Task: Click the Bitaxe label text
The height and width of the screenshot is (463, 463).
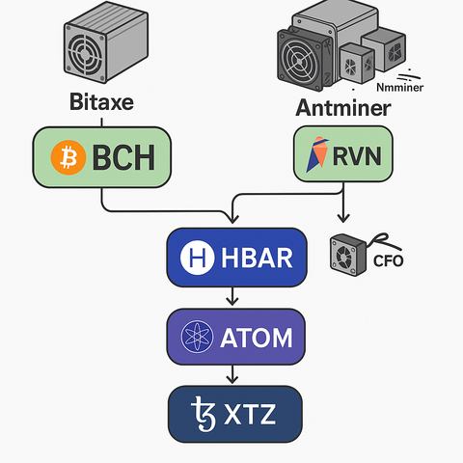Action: pos(101,102)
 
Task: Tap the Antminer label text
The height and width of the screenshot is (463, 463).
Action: pos(343,108)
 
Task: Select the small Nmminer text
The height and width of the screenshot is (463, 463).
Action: pos(400,87)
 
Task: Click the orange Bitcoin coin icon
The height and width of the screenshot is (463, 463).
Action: pos(68,157)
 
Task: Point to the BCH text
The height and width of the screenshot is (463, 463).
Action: pos(123,157)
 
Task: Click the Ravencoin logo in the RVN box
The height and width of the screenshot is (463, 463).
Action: pos(317,154)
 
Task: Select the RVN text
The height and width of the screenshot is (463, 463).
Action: pos(357,156)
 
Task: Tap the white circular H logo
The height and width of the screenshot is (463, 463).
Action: pos(197,258)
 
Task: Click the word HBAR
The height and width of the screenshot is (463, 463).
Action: pos(257,258)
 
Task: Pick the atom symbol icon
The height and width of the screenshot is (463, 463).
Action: pos(197,337)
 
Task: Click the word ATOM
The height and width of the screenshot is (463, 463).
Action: pos(257,338)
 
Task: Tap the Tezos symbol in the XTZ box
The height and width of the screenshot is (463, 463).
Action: pos(204,414)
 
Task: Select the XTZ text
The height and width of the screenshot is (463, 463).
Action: pos(250,414)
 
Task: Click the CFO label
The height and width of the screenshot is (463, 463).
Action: pos(388,260)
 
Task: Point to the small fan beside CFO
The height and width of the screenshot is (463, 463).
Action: pos(348,255)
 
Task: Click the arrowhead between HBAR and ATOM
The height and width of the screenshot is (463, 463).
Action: pos(232,301)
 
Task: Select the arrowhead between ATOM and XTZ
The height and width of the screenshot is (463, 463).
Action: pos(232,379)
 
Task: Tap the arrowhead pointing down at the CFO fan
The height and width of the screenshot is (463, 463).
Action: pos(343,219)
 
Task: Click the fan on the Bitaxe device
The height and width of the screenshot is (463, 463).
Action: pos(85,53)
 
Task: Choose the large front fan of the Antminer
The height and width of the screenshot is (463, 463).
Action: pos(299,61)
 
